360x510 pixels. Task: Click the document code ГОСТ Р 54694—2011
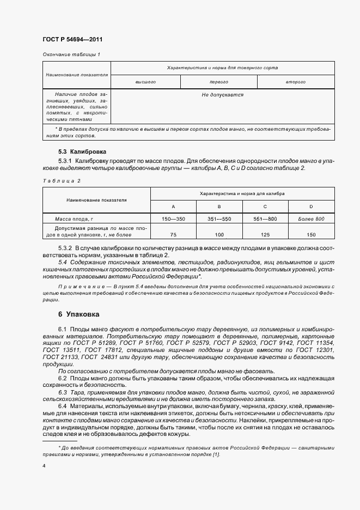click(x=72, y=40)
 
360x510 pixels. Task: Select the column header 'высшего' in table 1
click(x=145, y=82)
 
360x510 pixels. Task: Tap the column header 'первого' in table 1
click(x=218, y=82)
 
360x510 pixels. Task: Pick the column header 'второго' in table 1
click(x=295, y=82)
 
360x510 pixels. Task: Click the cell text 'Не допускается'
click(x=222, y=95)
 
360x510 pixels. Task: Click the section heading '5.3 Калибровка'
click(x=82, y=151)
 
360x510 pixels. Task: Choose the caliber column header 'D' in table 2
click(x=311, y=207)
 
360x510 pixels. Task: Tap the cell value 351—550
click(x=219, y=218)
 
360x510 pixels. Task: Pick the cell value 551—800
click(x=265, y=218)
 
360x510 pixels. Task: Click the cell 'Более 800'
click(x=311, y=218)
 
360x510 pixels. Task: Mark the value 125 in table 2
click(x=265, y=234)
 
